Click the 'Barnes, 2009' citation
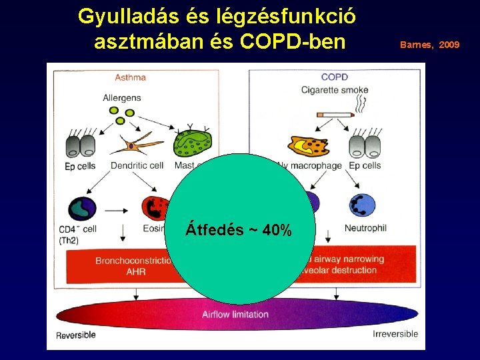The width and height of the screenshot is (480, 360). point(429,45)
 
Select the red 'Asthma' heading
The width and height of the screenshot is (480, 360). point(130,77)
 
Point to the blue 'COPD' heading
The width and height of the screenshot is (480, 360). point(334,77)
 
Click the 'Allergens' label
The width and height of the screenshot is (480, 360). point(121,98)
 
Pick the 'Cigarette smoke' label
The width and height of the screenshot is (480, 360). point(335,90)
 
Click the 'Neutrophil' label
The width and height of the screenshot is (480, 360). point(365,228)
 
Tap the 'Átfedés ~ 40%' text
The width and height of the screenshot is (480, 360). point(238,231)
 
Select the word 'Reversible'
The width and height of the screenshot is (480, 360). point(76,335)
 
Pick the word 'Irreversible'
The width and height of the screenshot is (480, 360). point(395,334)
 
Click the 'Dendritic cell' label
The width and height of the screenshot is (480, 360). point(137,166)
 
